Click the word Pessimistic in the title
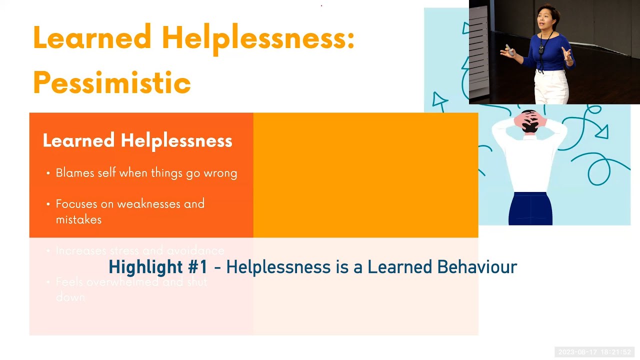pos(112,82)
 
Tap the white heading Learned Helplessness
pos(137,141)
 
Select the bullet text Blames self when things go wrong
pos(146,173)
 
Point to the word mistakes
pos(78,219)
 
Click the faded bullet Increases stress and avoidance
pos(140,250)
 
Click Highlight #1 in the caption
pos(158,267)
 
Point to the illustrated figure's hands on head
pos(530,120)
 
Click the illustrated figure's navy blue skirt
pos(530,208)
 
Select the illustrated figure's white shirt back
pos(530,160)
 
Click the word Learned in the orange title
pos(92,38)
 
